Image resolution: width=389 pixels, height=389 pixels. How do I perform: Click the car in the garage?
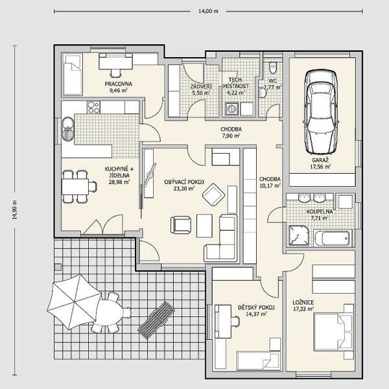(321, 112)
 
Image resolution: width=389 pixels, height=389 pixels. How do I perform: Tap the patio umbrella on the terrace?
(74, 301)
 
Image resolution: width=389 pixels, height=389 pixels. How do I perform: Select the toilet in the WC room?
(273, 68)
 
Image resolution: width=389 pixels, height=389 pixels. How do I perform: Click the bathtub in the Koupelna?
(333, 239)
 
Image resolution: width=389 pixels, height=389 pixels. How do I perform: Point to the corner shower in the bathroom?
(299, 236)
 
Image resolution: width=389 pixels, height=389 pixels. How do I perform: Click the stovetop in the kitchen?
(93, 107)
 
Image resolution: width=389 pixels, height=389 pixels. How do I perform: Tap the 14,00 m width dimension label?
(208, 11)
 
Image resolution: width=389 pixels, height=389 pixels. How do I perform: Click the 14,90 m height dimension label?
(14, 209)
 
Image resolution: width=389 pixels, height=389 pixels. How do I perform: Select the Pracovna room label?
(119, 84)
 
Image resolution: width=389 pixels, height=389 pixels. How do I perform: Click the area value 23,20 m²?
(184, 189)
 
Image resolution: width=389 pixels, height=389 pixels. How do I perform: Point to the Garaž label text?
(320, 160)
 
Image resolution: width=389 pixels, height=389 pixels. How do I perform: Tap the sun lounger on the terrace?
(156, 320)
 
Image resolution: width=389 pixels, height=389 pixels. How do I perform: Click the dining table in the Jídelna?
(75, 187)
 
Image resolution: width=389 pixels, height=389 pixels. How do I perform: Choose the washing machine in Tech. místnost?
(231, 109)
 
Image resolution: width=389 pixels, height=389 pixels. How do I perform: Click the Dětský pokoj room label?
(256, 307)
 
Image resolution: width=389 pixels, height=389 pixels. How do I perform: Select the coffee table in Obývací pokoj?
(204, 226)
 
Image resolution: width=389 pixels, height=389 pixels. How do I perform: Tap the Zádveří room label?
(201, 87)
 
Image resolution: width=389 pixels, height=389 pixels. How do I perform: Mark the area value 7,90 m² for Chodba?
(230, 136)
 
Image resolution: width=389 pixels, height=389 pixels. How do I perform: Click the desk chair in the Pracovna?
(115, 73)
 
